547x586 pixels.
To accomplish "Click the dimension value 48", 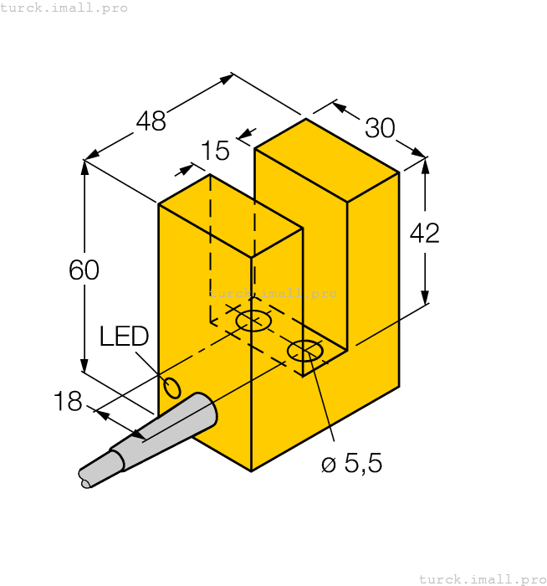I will click(151, 122).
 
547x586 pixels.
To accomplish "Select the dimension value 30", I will click(380, 129).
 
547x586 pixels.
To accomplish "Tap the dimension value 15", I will click(215, 152).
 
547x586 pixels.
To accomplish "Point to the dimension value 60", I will click(84, 270).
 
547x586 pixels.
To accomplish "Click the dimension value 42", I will click(425, 234).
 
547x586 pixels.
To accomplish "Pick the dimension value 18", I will click(68, 402).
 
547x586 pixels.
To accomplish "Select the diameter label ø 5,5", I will click(352, 464).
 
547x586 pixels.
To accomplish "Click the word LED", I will click(124, 337).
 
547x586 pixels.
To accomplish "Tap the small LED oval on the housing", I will click(172, 388).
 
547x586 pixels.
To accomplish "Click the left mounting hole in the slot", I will click(253, 321).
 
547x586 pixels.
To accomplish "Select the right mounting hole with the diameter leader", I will click(305, 351).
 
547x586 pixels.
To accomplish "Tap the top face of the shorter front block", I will click(231, 216).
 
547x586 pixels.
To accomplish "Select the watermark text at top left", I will click(64, 8).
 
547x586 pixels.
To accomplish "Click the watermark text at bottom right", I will click(482, 578).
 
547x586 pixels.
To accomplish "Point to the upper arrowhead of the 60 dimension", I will click(84, 167).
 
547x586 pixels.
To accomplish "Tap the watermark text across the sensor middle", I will click(273, 293).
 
